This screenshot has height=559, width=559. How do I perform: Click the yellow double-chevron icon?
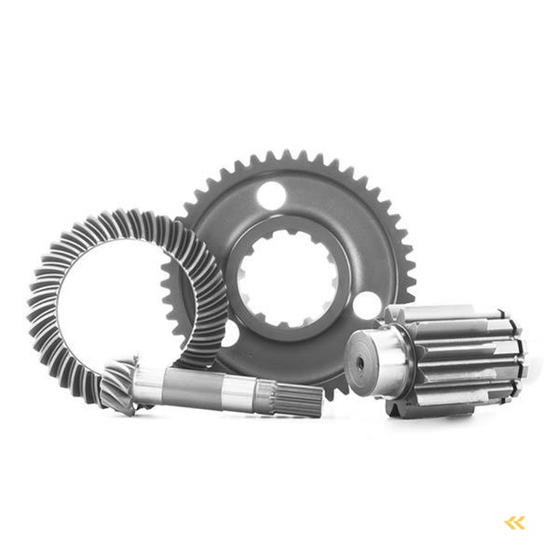coord(515,522)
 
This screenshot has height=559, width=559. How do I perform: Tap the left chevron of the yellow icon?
coord(510,522)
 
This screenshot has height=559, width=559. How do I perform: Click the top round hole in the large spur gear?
coord(273,194)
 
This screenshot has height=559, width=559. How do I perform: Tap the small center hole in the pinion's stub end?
coord(360,359)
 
